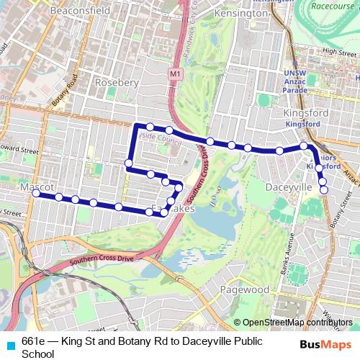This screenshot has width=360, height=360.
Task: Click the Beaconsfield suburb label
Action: tap(80, 11)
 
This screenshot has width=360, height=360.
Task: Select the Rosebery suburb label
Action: tap(117, 82)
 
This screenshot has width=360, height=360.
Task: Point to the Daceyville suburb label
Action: tap(289, 186)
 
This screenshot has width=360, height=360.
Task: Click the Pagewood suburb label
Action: tap(245, 289)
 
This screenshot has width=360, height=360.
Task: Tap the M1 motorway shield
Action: tap(176, 73)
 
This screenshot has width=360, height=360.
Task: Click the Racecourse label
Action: tap(335, 6)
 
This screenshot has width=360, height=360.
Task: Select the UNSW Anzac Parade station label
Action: tap(295, 81)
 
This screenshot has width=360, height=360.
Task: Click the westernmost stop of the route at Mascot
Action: tap(36, 194)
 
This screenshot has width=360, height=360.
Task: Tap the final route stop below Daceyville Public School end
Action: tap(324, 190)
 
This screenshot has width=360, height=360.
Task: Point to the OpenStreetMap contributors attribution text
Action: tap(297, 323)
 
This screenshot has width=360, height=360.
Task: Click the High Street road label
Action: tap(340, 52)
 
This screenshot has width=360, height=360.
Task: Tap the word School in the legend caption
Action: tap(37, 354)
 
